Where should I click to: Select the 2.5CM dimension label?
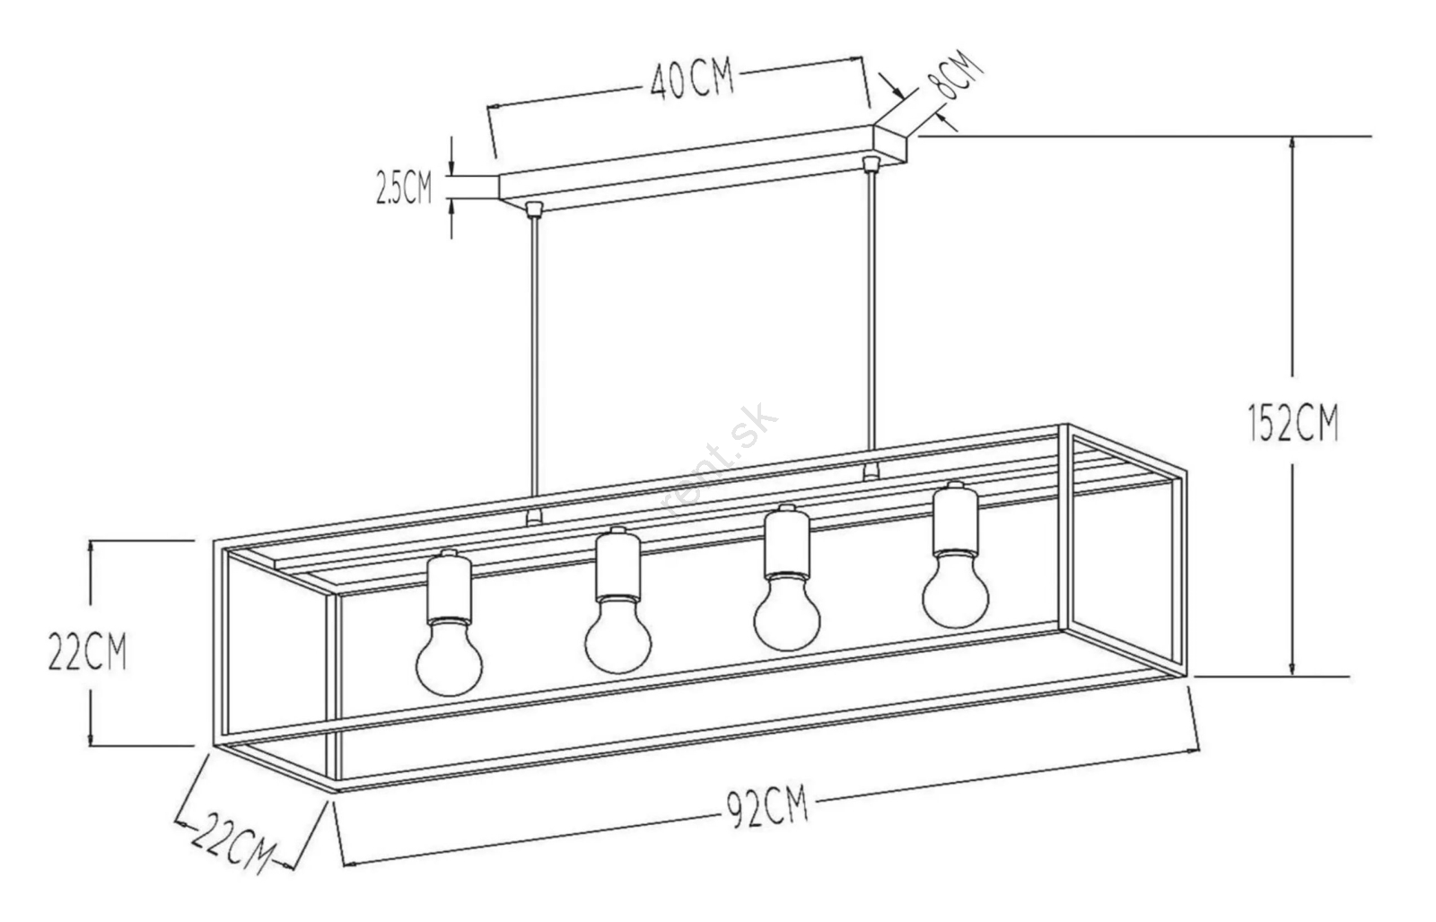tap(405, 188)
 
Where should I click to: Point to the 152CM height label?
tap(1294, 422)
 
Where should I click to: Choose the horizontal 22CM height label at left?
tap(88, 652)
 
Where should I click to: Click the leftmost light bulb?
tap(449, 655)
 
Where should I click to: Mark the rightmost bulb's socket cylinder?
tap(955, 518)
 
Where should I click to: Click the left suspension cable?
tap(534, 364)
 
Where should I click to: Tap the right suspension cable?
tap(871, 321)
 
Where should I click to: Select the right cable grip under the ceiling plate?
tap(870, 163)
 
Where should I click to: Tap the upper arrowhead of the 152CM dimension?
tap(1292, 147)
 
